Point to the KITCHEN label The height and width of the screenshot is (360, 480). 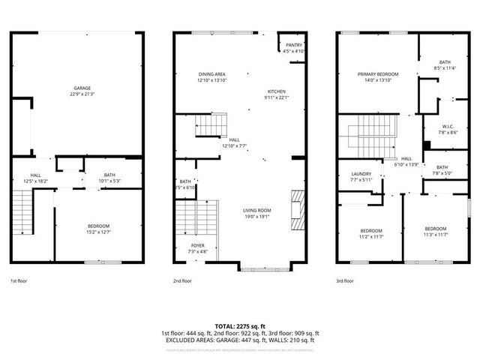[x=275, y=93]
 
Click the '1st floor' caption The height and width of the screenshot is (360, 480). [x=19, y=280]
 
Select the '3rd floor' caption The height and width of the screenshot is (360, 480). [x=344, y=280]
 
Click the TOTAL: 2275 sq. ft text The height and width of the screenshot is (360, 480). [x=239, y=326]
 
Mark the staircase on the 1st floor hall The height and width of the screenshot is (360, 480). [x=24, y=212]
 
